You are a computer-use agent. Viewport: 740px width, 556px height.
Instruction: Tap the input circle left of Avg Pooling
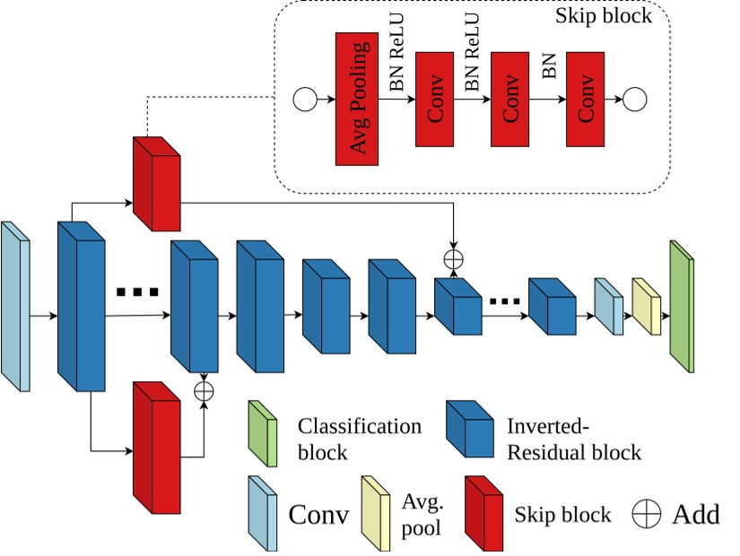[x=305, y=100]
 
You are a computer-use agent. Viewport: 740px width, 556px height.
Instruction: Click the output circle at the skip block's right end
[x=636, y=100]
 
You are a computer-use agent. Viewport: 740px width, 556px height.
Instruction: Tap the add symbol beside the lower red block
[x=205, y=391]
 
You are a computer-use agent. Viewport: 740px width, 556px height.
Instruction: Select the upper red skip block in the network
[x=156, y=185]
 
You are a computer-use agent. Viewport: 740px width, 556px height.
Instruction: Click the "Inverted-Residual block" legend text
[x=574, y=439]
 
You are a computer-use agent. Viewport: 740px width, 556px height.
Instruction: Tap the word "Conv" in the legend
[x=318, y=516]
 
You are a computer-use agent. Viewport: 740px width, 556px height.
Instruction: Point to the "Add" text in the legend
[x=695, y=515]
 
